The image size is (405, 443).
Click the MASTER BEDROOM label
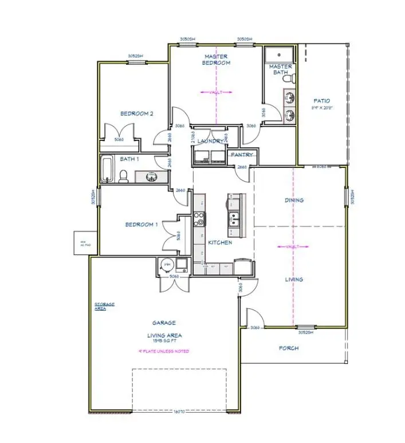[x=217, y=60]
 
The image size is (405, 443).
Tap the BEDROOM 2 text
[x=136, y=113]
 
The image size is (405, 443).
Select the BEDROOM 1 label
[x=141, y=225]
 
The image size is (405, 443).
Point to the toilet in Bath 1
[x=123, y=175]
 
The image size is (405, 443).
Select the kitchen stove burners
[x=199, y=218]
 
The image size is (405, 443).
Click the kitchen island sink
[x=235, y=218]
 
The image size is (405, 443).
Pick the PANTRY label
[x=242, y=155]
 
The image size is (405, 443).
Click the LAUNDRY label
[x=210, y=141]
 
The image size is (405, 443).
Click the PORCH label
[x=288, y=348]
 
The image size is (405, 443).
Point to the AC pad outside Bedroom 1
[x=81, y=242]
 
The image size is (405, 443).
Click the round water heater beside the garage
[x=167, y=265]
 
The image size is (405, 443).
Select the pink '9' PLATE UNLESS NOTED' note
[x=164, y=351]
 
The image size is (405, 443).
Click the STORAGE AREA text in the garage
[x=104, y=306]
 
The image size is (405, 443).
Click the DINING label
[x=294, y=201]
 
